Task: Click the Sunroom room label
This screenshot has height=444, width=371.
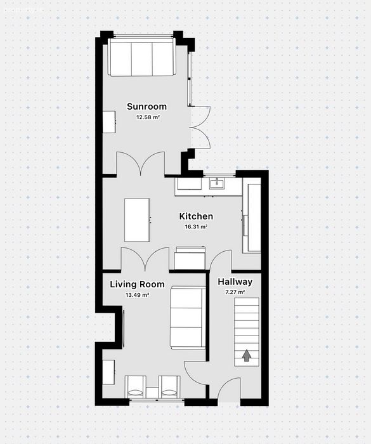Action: pos(146,107)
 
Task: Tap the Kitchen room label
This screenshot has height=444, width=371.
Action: pos(196,216)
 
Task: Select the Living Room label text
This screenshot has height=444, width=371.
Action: pos(137,284)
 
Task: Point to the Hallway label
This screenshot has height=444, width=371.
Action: pos(235,282)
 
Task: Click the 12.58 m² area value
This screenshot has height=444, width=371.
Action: pos(148,117)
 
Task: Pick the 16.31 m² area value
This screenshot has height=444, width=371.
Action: pos(196,227)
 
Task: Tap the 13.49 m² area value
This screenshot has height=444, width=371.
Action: pos(138,295)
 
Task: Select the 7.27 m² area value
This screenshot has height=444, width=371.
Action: pos(235,292)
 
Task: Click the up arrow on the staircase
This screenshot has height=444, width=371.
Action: pos(247,355)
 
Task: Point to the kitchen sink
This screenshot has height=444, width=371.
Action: pos(218,183)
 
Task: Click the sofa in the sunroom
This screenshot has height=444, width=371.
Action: pos(142,57)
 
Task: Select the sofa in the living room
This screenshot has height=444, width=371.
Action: pos(188,317)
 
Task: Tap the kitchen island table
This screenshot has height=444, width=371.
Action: pos(138,220)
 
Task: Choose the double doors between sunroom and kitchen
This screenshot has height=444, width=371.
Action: pos(141,164)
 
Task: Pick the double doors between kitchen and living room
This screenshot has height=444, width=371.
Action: pos(145,259)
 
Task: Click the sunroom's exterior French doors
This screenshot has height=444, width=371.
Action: pos(200,127)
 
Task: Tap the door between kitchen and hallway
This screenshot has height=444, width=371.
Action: pos(220,259)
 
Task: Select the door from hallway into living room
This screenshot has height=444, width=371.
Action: pos(197,374)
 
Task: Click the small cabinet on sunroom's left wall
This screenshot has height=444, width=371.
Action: pos(109,122)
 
